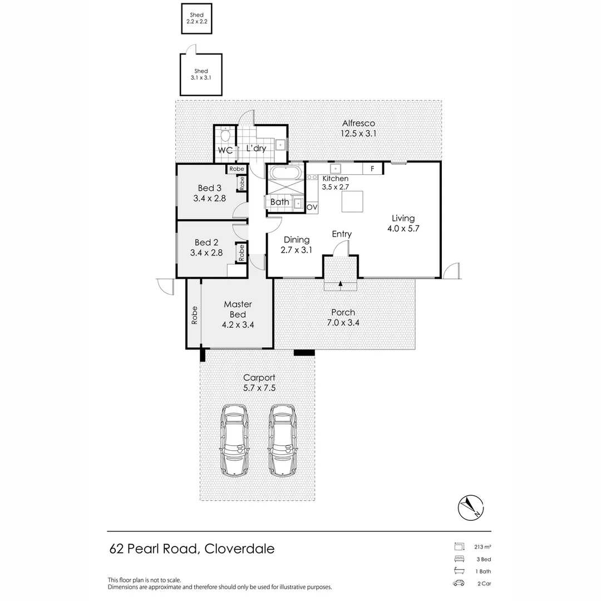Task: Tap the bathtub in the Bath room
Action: tap(286, 173)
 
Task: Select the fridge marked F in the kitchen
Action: tap(372, 169)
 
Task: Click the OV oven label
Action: tap(312, 208)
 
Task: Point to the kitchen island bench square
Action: tap(352, 201)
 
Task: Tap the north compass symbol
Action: tap(471, 508)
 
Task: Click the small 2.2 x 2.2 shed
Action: tap(196, 19)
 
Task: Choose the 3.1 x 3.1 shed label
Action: tap(201, 75)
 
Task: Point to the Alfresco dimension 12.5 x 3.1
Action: tap(358, 134)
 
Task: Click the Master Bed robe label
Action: tap(194, 315)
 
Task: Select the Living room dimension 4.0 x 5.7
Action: tap(403, 229)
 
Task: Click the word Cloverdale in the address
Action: tap(239, 549)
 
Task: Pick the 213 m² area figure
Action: tap(482, 547)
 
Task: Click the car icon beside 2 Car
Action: tap(459, 583)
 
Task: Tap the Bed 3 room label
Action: tap(209, 188)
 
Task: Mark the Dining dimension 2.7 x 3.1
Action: tap(296, 250)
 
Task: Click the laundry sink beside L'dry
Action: tap(281, 145)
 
